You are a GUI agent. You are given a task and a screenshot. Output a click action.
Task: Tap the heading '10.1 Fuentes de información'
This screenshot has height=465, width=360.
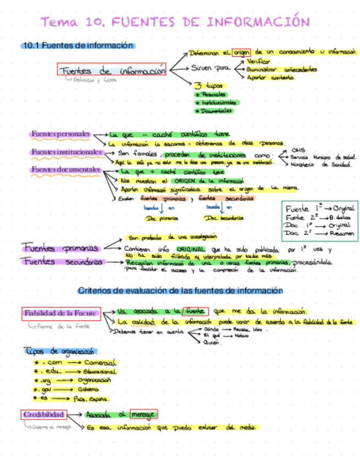coord(77,46)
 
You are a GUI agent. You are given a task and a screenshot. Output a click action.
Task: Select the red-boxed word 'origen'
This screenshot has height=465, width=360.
coord(241,53)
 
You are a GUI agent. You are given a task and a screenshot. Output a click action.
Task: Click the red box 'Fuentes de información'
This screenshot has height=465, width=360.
coord(112,71)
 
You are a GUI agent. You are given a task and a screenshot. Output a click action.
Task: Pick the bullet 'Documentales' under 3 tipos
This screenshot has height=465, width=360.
coord(214,111)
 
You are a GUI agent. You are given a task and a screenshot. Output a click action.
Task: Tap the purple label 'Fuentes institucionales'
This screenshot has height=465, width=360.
coord(66,151)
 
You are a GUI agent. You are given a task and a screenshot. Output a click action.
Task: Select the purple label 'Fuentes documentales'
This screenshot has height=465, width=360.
coord(65,170)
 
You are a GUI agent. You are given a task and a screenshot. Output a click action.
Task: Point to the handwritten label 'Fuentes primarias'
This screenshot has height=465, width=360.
coord(60,247)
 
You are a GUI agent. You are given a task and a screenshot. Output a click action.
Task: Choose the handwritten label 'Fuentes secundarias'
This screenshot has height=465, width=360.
coord(62,262)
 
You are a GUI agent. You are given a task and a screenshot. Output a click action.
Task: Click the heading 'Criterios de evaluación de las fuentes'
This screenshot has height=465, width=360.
coord(181,291)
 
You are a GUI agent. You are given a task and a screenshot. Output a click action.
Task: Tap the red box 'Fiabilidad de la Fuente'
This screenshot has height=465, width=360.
coord(61,314)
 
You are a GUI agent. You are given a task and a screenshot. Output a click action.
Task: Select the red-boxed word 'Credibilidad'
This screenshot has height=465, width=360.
coord(44,415)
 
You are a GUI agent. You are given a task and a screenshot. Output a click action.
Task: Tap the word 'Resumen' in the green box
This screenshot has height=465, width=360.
coord(342,233)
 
